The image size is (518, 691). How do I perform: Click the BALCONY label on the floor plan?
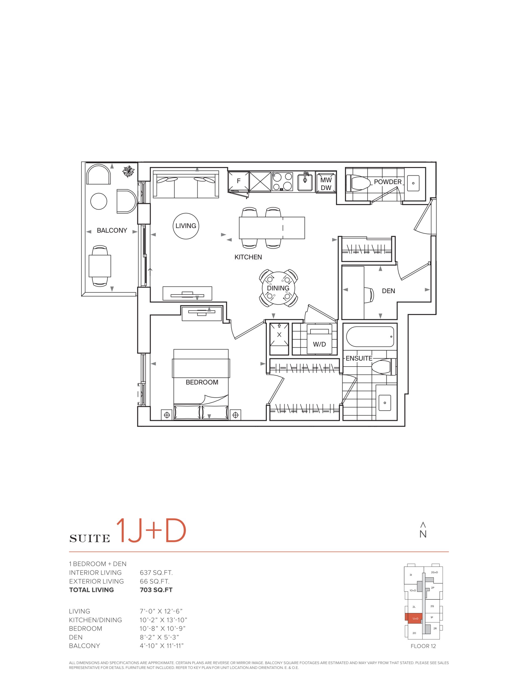[x=112, y=231]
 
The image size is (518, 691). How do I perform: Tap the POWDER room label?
[x=388, y=182]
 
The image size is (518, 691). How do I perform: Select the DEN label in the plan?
[x=388, y=291]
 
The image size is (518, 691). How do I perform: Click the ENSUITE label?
[x=359, y=358]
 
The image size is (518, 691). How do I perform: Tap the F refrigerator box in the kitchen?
[x=238, y=181]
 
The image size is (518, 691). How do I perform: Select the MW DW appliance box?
[x=326, y=184]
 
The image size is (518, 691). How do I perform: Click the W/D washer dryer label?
[x=319, y=344]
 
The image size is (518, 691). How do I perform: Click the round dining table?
[x=278, y=288]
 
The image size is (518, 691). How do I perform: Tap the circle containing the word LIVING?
[x=186, y=226]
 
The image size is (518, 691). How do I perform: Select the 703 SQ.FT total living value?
[x=156, y=590]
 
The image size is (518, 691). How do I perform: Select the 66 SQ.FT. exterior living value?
[x=155, y=581]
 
